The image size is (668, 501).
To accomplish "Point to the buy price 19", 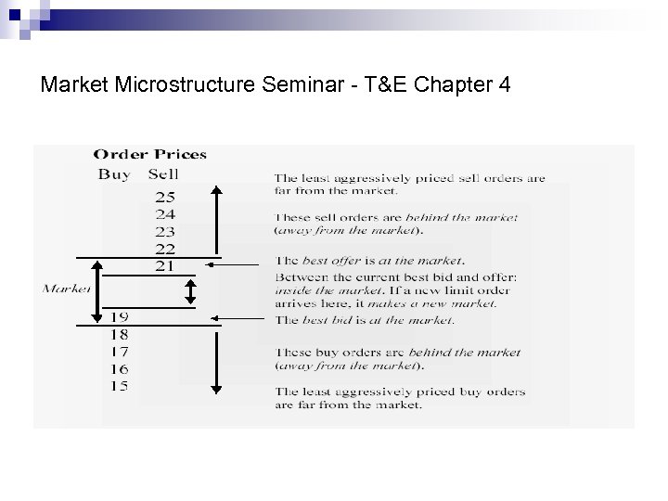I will point(120,316).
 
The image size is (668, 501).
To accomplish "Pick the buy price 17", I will point(120,352).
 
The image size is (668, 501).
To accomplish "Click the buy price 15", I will point(120,386).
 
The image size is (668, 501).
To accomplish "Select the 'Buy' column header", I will point(114,174).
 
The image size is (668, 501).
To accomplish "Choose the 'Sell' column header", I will point(163,174).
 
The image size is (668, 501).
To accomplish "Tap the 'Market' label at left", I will point(66,289).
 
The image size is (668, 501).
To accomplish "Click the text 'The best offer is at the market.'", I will point(369,260).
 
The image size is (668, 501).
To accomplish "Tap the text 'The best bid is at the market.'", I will point(364,321).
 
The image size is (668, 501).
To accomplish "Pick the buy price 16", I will point(120,369).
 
